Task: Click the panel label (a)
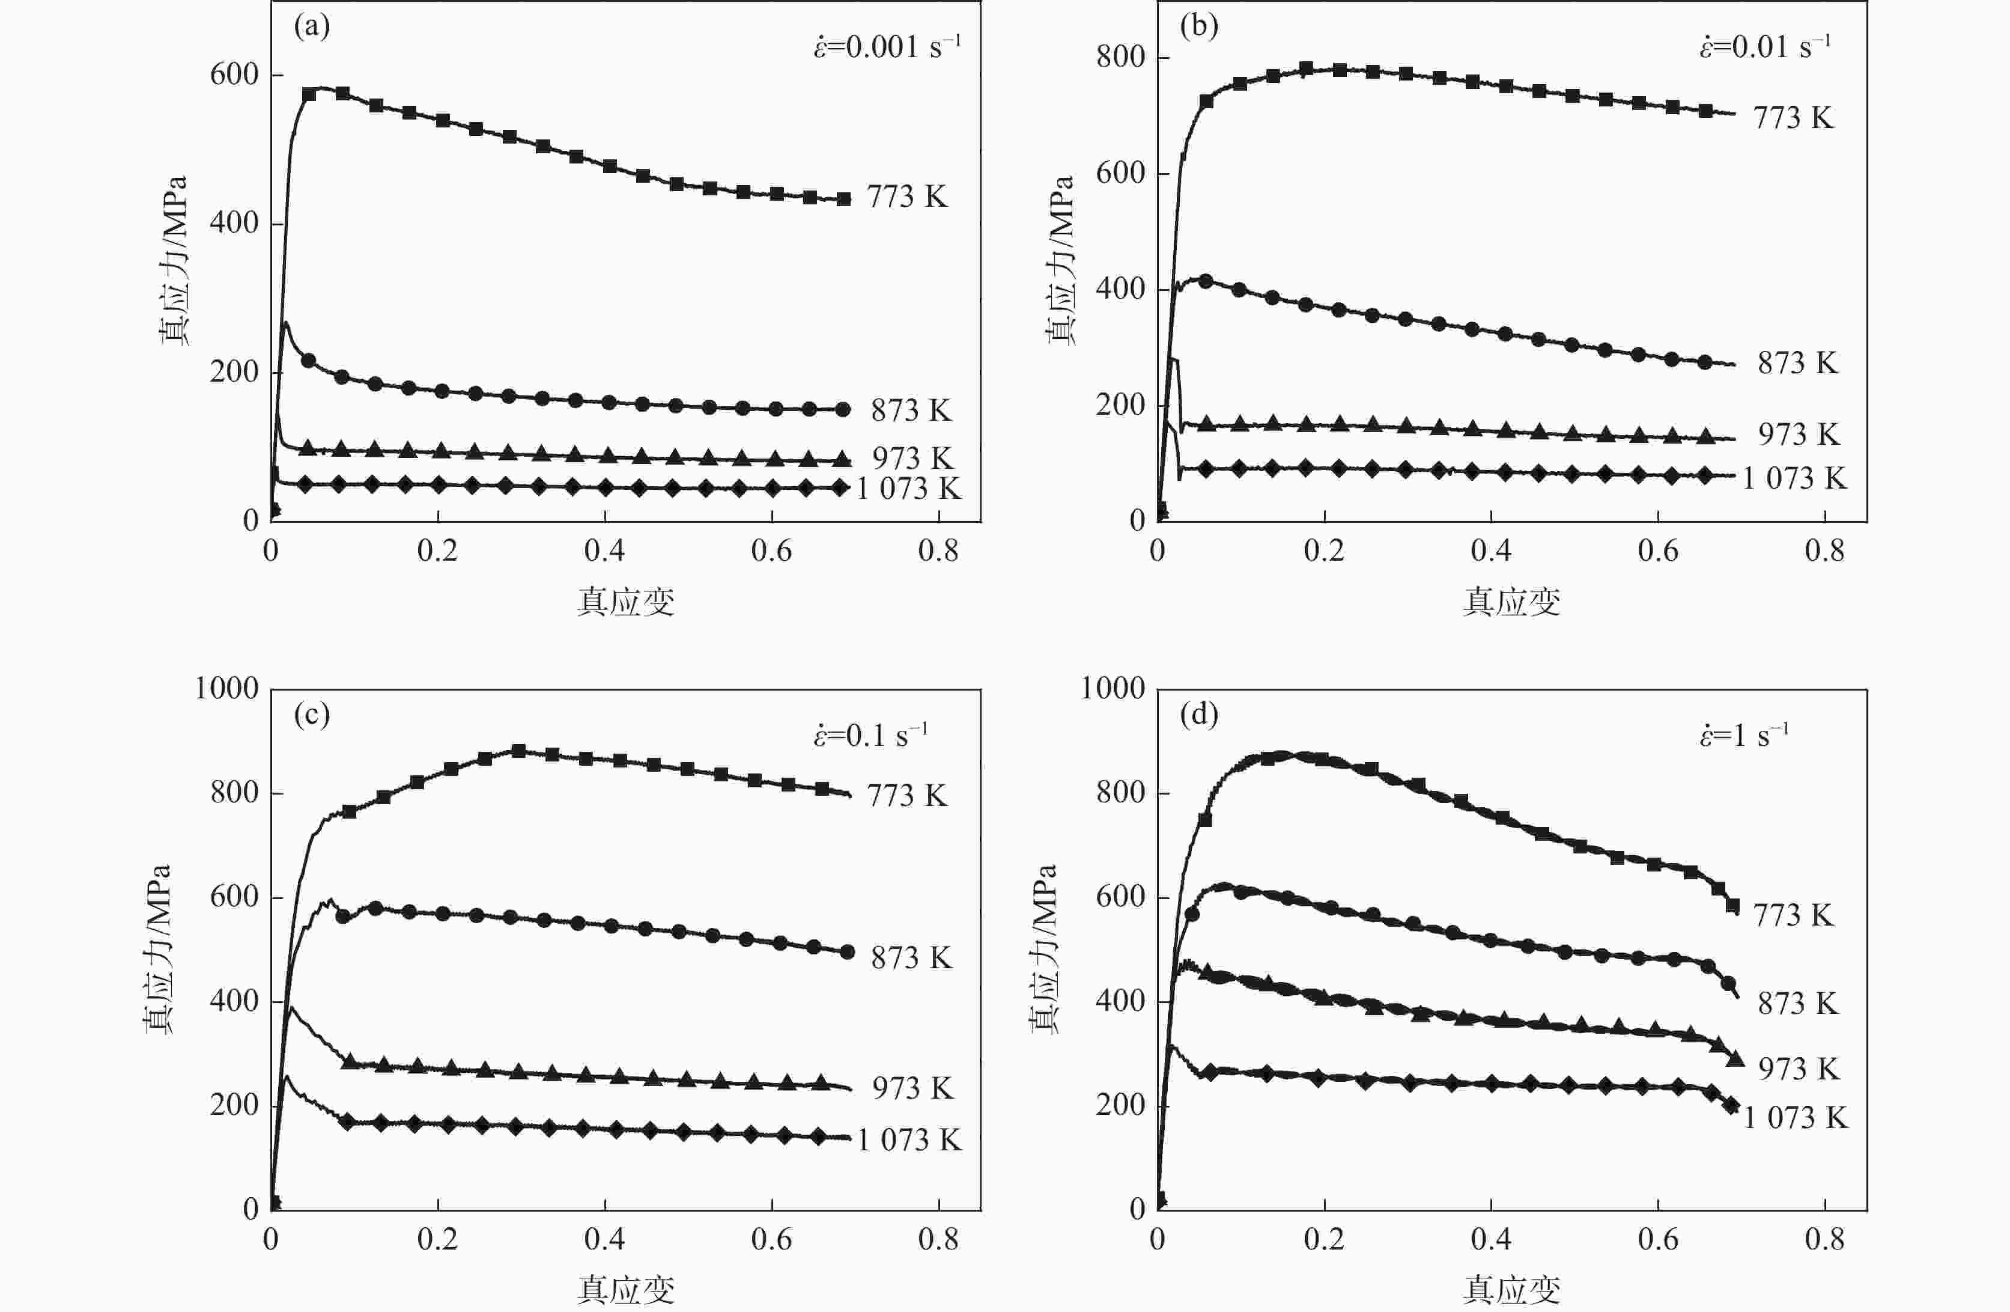coord(312,27)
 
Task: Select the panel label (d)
coord(1198,716)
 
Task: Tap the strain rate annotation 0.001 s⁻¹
coord(887,46)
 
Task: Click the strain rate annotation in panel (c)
coord(870,735)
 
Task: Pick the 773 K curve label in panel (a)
coord(907,197)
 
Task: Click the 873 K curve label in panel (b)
coord(1798,363)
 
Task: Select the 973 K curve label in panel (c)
coord(912,1088)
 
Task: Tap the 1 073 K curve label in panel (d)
coord(1796,1118)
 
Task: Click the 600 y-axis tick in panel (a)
coord(234,75)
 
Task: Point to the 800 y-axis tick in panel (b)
coord(1121,58)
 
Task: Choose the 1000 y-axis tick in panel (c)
coord(226,689)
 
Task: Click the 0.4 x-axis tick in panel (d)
coord(1490,1239)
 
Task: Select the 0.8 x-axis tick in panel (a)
coord(938,551)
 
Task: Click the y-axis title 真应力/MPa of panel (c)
coord(157,949)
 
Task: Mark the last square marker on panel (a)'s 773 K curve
coord(843,200)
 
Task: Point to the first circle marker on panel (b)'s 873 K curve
coord(1206,281)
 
